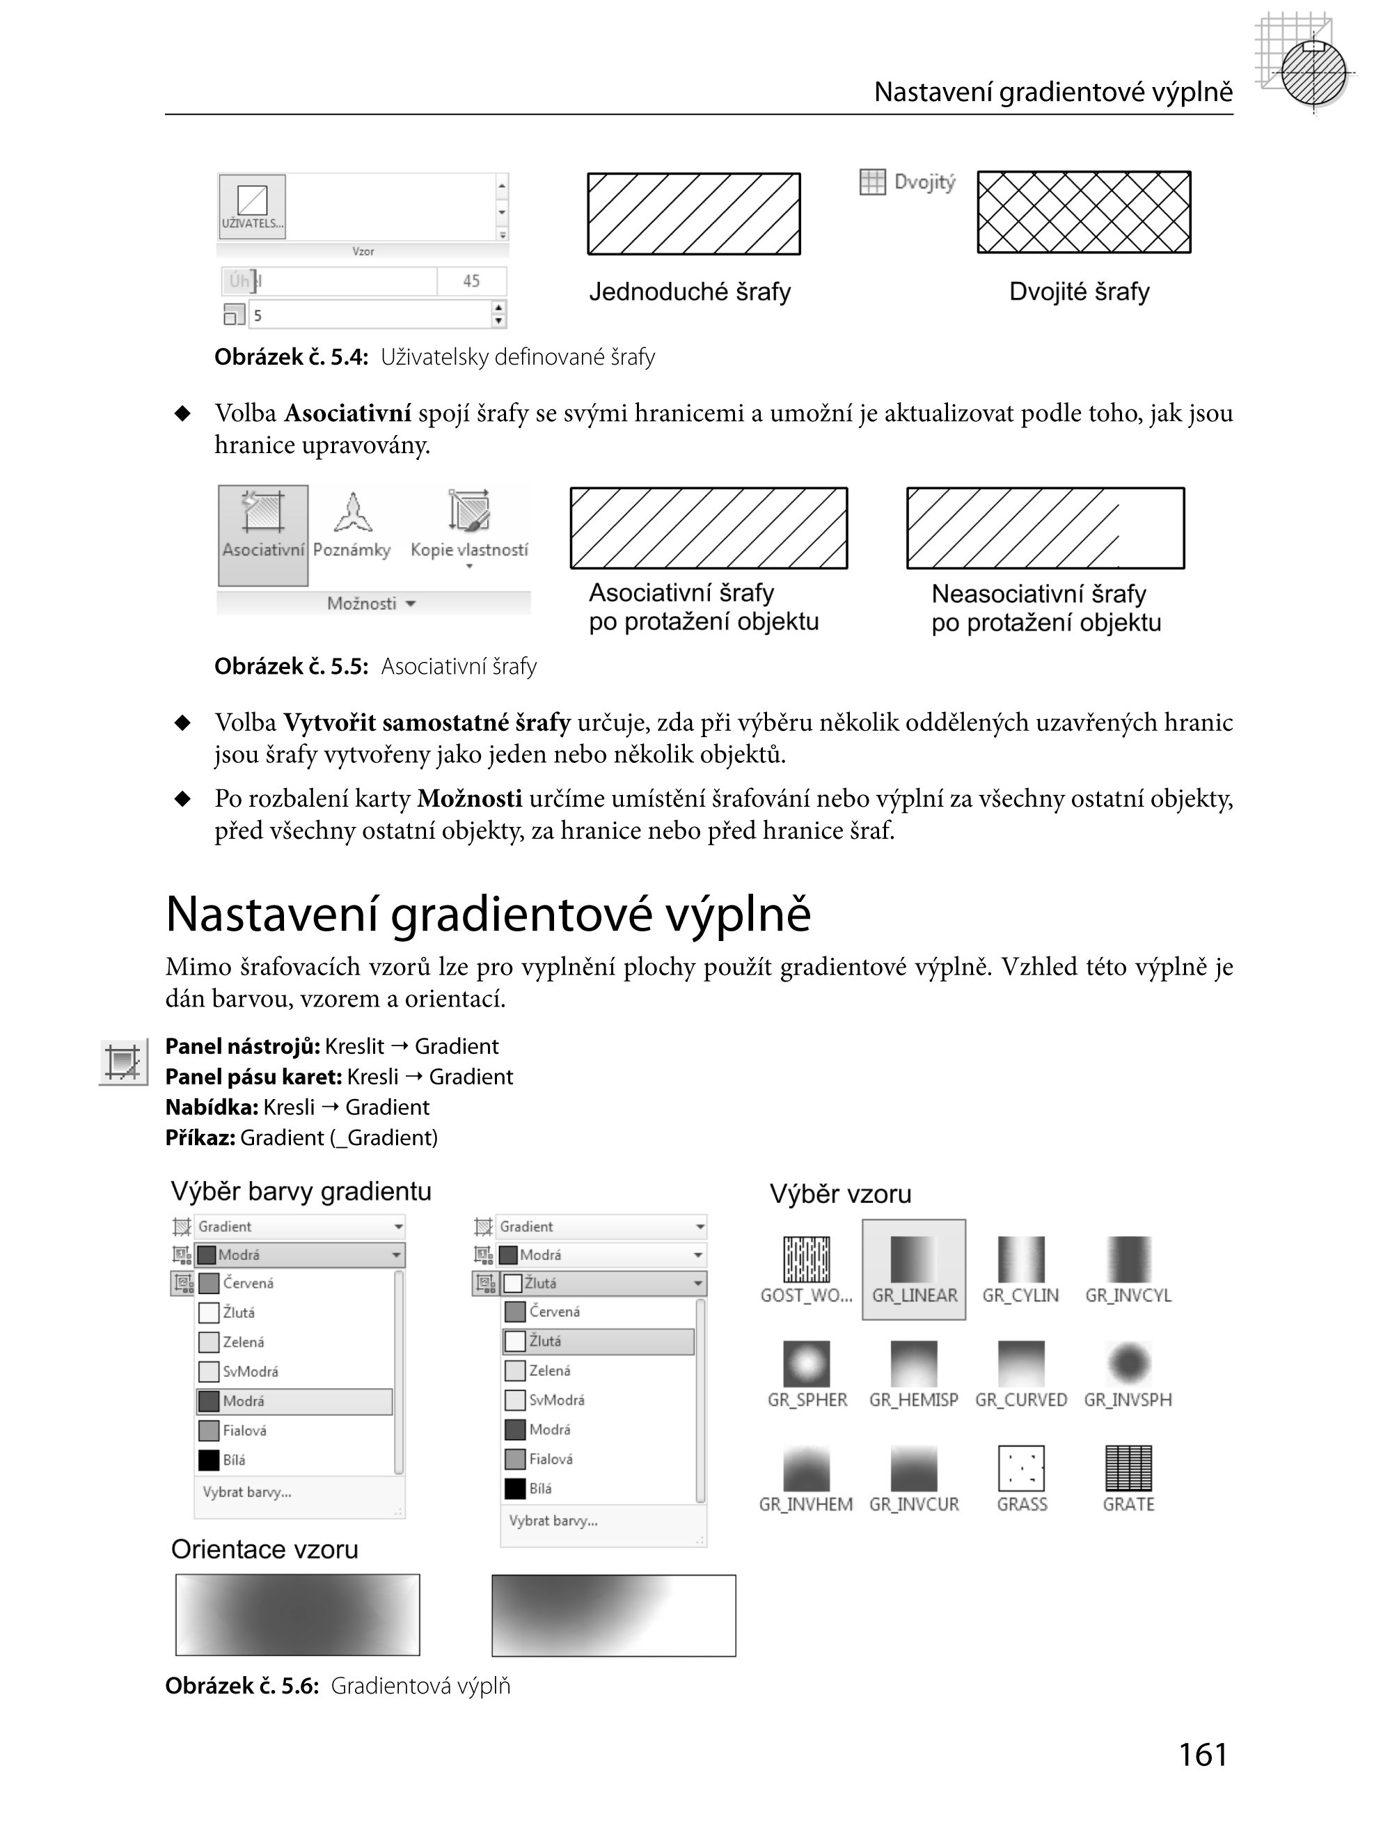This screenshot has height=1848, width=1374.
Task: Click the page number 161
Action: pos(1203,1754)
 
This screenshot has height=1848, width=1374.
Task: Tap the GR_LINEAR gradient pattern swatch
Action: pos(913,1259)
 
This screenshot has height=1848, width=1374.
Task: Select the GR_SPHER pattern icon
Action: pos(806,1364)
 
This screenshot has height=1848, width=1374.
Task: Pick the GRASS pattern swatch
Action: pos(1020,1468)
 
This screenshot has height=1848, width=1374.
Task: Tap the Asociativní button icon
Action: pos(263,512)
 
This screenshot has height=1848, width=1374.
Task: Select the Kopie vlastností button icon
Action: pos(469,511)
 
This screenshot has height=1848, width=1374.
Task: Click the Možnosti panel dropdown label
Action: pos(370,603)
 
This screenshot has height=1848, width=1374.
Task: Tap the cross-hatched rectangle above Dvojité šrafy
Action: pos(1084,212)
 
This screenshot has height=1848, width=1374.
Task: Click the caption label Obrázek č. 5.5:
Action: pos(291,666)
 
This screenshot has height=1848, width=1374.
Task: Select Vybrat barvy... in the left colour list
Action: pos(246,1492)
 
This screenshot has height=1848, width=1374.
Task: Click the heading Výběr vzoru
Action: pos(840,1194)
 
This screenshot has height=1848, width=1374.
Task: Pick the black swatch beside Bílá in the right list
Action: pos(515,1489)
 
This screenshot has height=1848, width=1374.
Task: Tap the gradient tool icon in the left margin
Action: pos(123,1062)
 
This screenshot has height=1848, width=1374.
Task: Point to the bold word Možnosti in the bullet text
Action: pos(469,798)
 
